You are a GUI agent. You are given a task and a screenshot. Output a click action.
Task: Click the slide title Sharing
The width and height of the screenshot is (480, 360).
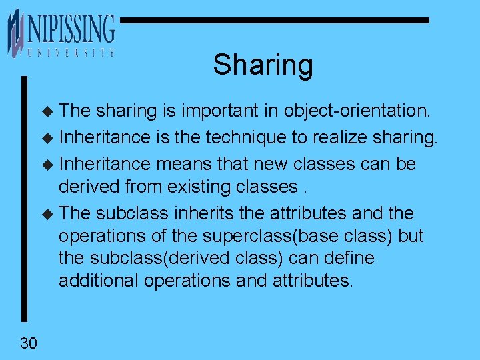[x=263, y=65]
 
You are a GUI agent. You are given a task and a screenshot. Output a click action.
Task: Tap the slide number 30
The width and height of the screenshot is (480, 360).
[x=29, y=343]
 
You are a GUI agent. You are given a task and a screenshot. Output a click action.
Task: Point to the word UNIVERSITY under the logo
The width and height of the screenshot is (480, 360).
[x=71, y=53]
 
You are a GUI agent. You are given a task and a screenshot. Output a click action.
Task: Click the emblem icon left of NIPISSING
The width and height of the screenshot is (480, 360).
[x=15, y=31]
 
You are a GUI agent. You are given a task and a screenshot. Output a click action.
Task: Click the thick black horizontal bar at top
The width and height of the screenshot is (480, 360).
[x=273, y=21]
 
